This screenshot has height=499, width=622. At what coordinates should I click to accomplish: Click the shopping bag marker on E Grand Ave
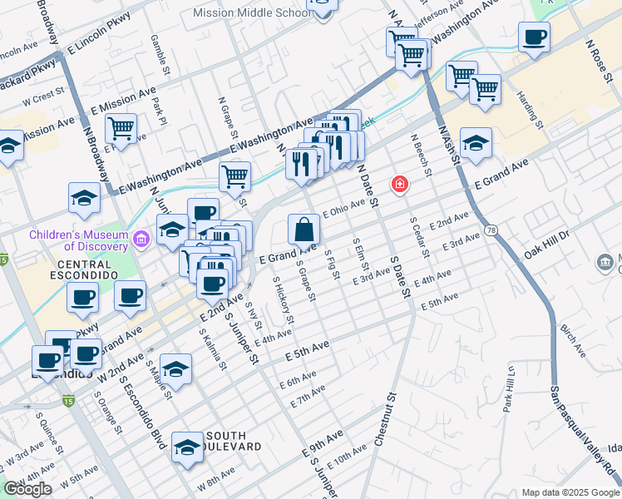(x=304, y=229)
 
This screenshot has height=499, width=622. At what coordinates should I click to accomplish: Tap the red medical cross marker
(x=400, y=184)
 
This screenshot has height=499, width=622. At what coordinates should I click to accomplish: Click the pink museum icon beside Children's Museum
(x=141, y=241)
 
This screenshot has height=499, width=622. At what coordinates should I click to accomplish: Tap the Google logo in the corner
(x=27, y=489)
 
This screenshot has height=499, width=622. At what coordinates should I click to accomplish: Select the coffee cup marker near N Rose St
(x=534, y=37)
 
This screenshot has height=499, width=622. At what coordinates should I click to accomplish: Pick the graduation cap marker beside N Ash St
(x=476, y=143)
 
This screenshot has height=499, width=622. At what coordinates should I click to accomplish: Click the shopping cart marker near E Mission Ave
(x=121, y=129)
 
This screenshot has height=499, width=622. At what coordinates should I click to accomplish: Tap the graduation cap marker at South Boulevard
(x=187, y=447)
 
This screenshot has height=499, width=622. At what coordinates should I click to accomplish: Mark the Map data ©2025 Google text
(x=570, y=492)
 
